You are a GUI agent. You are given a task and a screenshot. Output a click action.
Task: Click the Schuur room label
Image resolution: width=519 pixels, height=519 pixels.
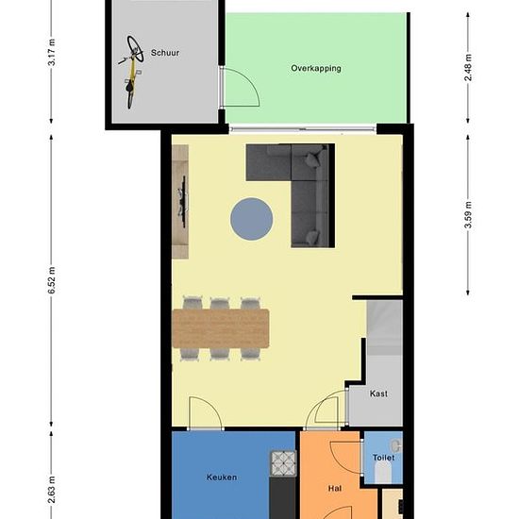pos(165,53)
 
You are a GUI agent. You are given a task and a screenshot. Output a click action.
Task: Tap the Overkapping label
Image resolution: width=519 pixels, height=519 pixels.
pos(316,69)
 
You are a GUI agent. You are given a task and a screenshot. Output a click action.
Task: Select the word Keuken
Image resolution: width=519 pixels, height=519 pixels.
pos(222,477)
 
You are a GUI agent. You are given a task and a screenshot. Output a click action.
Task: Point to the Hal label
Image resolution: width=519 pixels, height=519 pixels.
pos(335,488)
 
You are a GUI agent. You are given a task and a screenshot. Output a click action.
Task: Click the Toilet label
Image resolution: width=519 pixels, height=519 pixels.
pos(383,458)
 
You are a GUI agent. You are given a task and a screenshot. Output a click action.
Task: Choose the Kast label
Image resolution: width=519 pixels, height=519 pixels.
pos(378,393)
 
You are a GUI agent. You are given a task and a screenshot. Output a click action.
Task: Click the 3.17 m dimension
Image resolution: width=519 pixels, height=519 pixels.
pos(52,52)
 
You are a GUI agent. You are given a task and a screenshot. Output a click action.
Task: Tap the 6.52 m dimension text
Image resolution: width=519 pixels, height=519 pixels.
pos(52,280)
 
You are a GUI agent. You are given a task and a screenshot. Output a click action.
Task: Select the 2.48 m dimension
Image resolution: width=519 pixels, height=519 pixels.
pos(468,68)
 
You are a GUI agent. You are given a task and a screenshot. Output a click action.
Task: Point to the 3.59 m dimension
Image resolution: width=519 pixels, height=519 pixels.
pos(468,215)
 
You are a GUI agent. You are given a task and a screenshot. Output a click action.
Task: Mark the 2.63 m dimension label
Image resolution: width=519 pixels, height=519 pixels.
pos(52,490)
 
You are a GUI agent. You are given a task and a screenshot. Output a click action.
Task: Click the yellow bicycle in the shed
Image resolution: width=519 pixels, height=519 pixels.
pos(132,72)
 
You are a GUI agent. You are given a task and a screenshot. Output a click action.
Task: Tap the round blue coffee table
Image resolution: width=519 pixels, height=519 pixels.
pos(252,219)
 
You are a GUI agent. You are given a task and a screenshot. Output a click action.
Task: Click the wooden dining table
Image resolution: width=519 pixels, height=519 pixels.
pos(221,328)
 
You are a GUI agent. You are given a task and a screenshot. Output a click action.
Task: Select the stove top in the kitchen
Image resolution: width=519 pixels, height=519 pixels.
pos(284,463)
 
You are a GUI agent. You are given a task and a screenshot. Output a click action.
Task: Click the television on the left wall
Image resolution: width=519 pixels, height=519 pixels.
pos(182,201)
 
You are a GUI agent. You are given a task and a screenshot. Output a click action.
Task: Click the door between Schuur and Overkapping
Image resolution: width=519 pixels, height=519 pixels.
pos(240,87)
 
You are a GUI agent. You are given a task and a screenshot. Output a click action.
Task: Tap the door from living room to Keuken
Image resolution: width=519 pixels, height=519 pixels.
pos(206,412)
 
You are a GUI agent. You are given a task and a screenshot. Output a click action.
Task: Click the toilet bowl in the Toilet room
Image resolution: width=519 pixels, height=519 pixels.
pos(384,471)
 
